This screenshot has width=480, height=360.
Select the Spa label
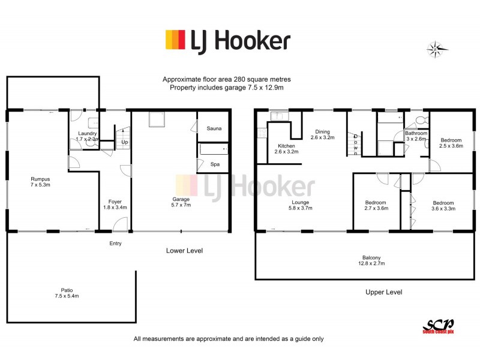[x=214, y=164]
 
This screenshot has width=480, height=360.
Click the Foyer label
[x=115, y=205]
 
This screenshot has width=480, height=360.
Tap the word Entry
[x=115, y=243]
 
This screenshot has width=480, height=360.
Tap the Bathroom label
[x=416, y=136]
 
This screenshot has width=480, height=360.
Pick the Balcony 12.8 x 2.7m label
[x=371, y=261]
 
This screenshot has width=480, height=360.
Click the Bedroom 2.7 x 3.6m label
[x=376, y=206]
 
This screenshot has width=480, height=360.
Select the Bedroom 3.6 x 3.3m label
[x=443, y=206]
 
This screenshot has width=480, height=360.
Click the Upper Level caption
[x=383, y=292]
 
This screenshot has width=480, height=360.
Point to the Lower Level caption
[x=184, y=250]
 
